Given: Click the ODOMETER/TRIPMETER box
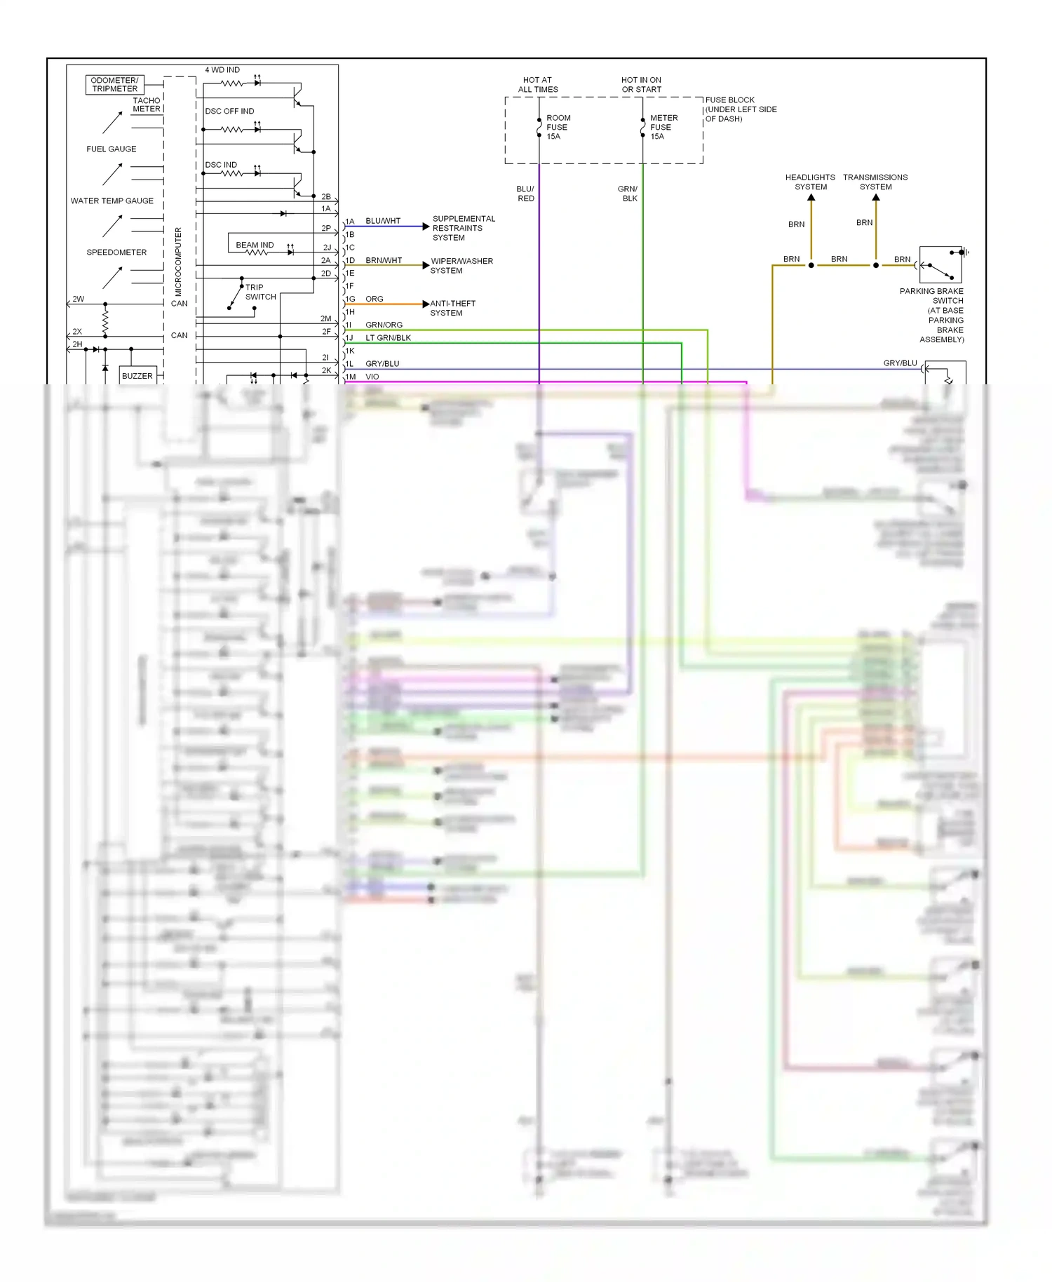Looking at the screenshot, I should (x=115, y=85).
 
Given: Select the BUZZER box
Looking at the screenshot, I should (x=137, y=376).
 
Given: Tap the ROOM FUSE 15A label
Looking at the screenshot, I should (x=558, y=127).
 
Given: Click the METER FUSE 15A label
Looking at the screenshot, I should (x=663, y=127).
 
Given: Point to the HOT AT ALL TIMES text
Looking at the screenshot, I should (x=538, y=85).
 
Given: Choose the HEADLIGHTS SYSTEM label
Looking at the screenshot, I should (x=810, y=182).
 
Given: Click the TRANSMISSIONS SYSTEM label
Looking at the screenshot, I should (x=875, y=182).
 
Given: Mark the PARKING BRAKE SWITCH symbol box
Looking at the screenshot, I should (x=940, y=264).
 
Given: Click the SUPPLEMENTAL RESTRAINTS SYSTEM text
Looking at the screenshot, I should (x=463, y=228).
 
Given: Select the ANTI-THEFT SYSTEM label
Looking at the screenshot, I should (x=452, y=308).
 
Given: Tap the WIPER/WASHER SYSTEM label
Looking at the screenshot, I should (x=461, y=266).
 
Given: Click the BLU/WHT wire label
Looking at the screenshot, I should (x=383, y=221).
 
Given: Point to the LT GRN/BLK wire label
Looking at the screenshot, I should (x=388, y=338).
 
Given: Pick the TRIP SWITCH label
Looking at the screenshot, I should (x=260, y=292).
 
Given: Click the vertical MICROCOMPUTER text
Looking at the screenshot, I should (x=178, y=261).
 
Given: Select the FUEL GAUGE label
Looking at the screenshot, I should (x=112, y=149).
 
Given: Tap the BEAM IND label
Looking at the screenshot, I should (x=255, y=245).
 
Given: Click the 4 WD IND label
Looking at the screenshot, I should (x=222, y=70).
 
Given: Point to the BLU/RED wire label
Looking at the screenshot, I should (x=525, y=194).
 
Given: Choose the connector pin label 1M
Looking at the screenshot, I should (x=351, y=377).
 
